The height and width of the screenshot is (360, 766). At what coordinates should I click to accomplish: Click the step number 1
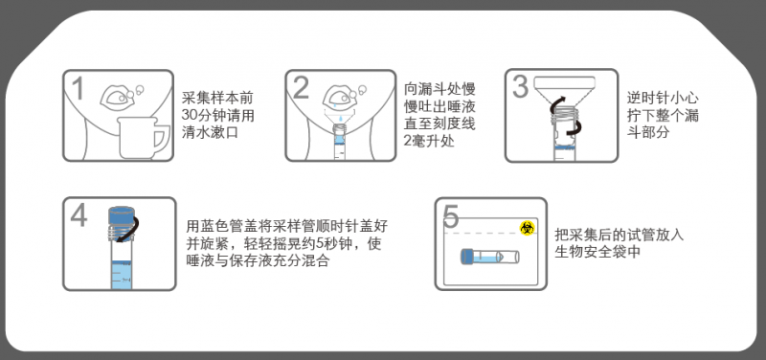pyautogui.click(x=78, y=89)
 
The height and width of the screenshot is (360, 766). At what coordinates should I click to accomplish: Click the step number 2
pyautogui.click(x=302, y=88)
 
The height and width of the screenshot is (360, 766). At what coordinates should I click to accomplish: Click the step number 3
pyautogui.click(x=520, y=87)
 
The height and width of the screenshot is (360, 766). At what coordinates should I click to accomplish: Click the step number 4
pyautogui.click(x=79, y=215)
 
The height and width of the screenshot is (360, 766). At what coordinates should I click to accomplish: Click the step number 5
pyautogui.click(x=451, y=216)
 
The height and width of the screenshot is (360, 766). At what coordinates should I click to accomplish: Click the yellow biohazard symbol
pyautogui.click(x=527, y=228)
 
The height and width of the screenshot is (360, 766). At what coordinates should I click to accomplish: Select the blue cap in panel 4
pyautogui.click(x=121, y=214)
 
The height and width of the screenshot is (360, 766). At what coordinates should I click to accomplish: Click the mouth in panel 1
pyautogui.click(x=116, y=100)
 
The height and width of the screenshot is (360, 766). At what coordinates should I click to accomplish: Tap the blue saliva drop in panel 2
pyautogui.click(x=335, y=105)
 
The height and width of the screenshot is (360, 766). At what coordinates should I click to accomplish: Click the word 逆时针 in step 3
pyautogui.click(x=645, y=99)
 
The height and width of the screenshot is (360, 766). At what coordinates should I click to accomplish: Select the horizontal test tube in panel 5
pyautogui.click(x=490, y=257)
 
